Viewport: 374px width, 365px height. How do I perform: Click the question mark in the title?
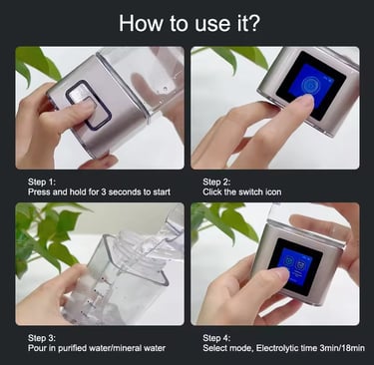[252, 23]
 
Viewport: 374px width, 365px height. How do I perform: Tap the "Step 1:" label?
[42, 182]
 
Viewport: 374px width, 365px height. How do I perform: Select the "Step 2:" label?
[216, 182]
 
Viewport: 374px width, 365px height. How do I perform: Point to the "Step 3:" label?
[42, 338]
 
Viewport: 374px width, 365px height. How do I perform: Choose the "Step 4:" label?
[216, 338]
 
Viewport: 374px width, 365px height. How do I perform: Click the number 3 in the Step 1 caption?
[103, 191]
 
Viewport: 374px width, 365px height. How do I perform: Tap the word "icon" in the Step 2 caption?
[273, 191]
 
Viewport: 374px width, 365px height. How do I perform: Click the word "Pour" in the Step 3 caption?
[35, 348]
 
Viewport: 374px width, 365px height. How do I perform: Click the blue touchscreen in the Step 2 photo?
[307, 86]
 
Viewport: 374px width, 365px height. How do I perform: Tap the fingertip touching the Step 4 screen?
[281, 273]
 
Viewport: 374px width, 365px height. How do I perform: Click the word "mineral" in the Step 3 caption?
[130, 348]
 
